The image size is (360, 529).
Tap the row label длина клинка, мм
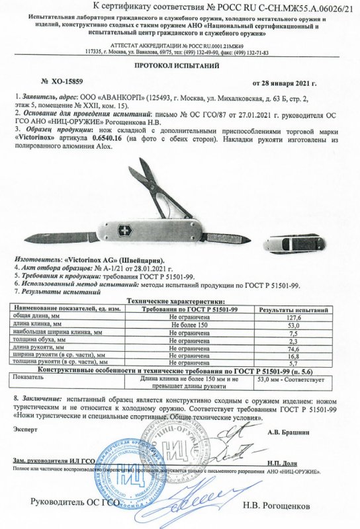pyautogui.click(x=34, y=325)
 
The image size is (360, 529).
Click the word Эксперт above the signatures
pyautogui.click(x=24, y=428)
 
